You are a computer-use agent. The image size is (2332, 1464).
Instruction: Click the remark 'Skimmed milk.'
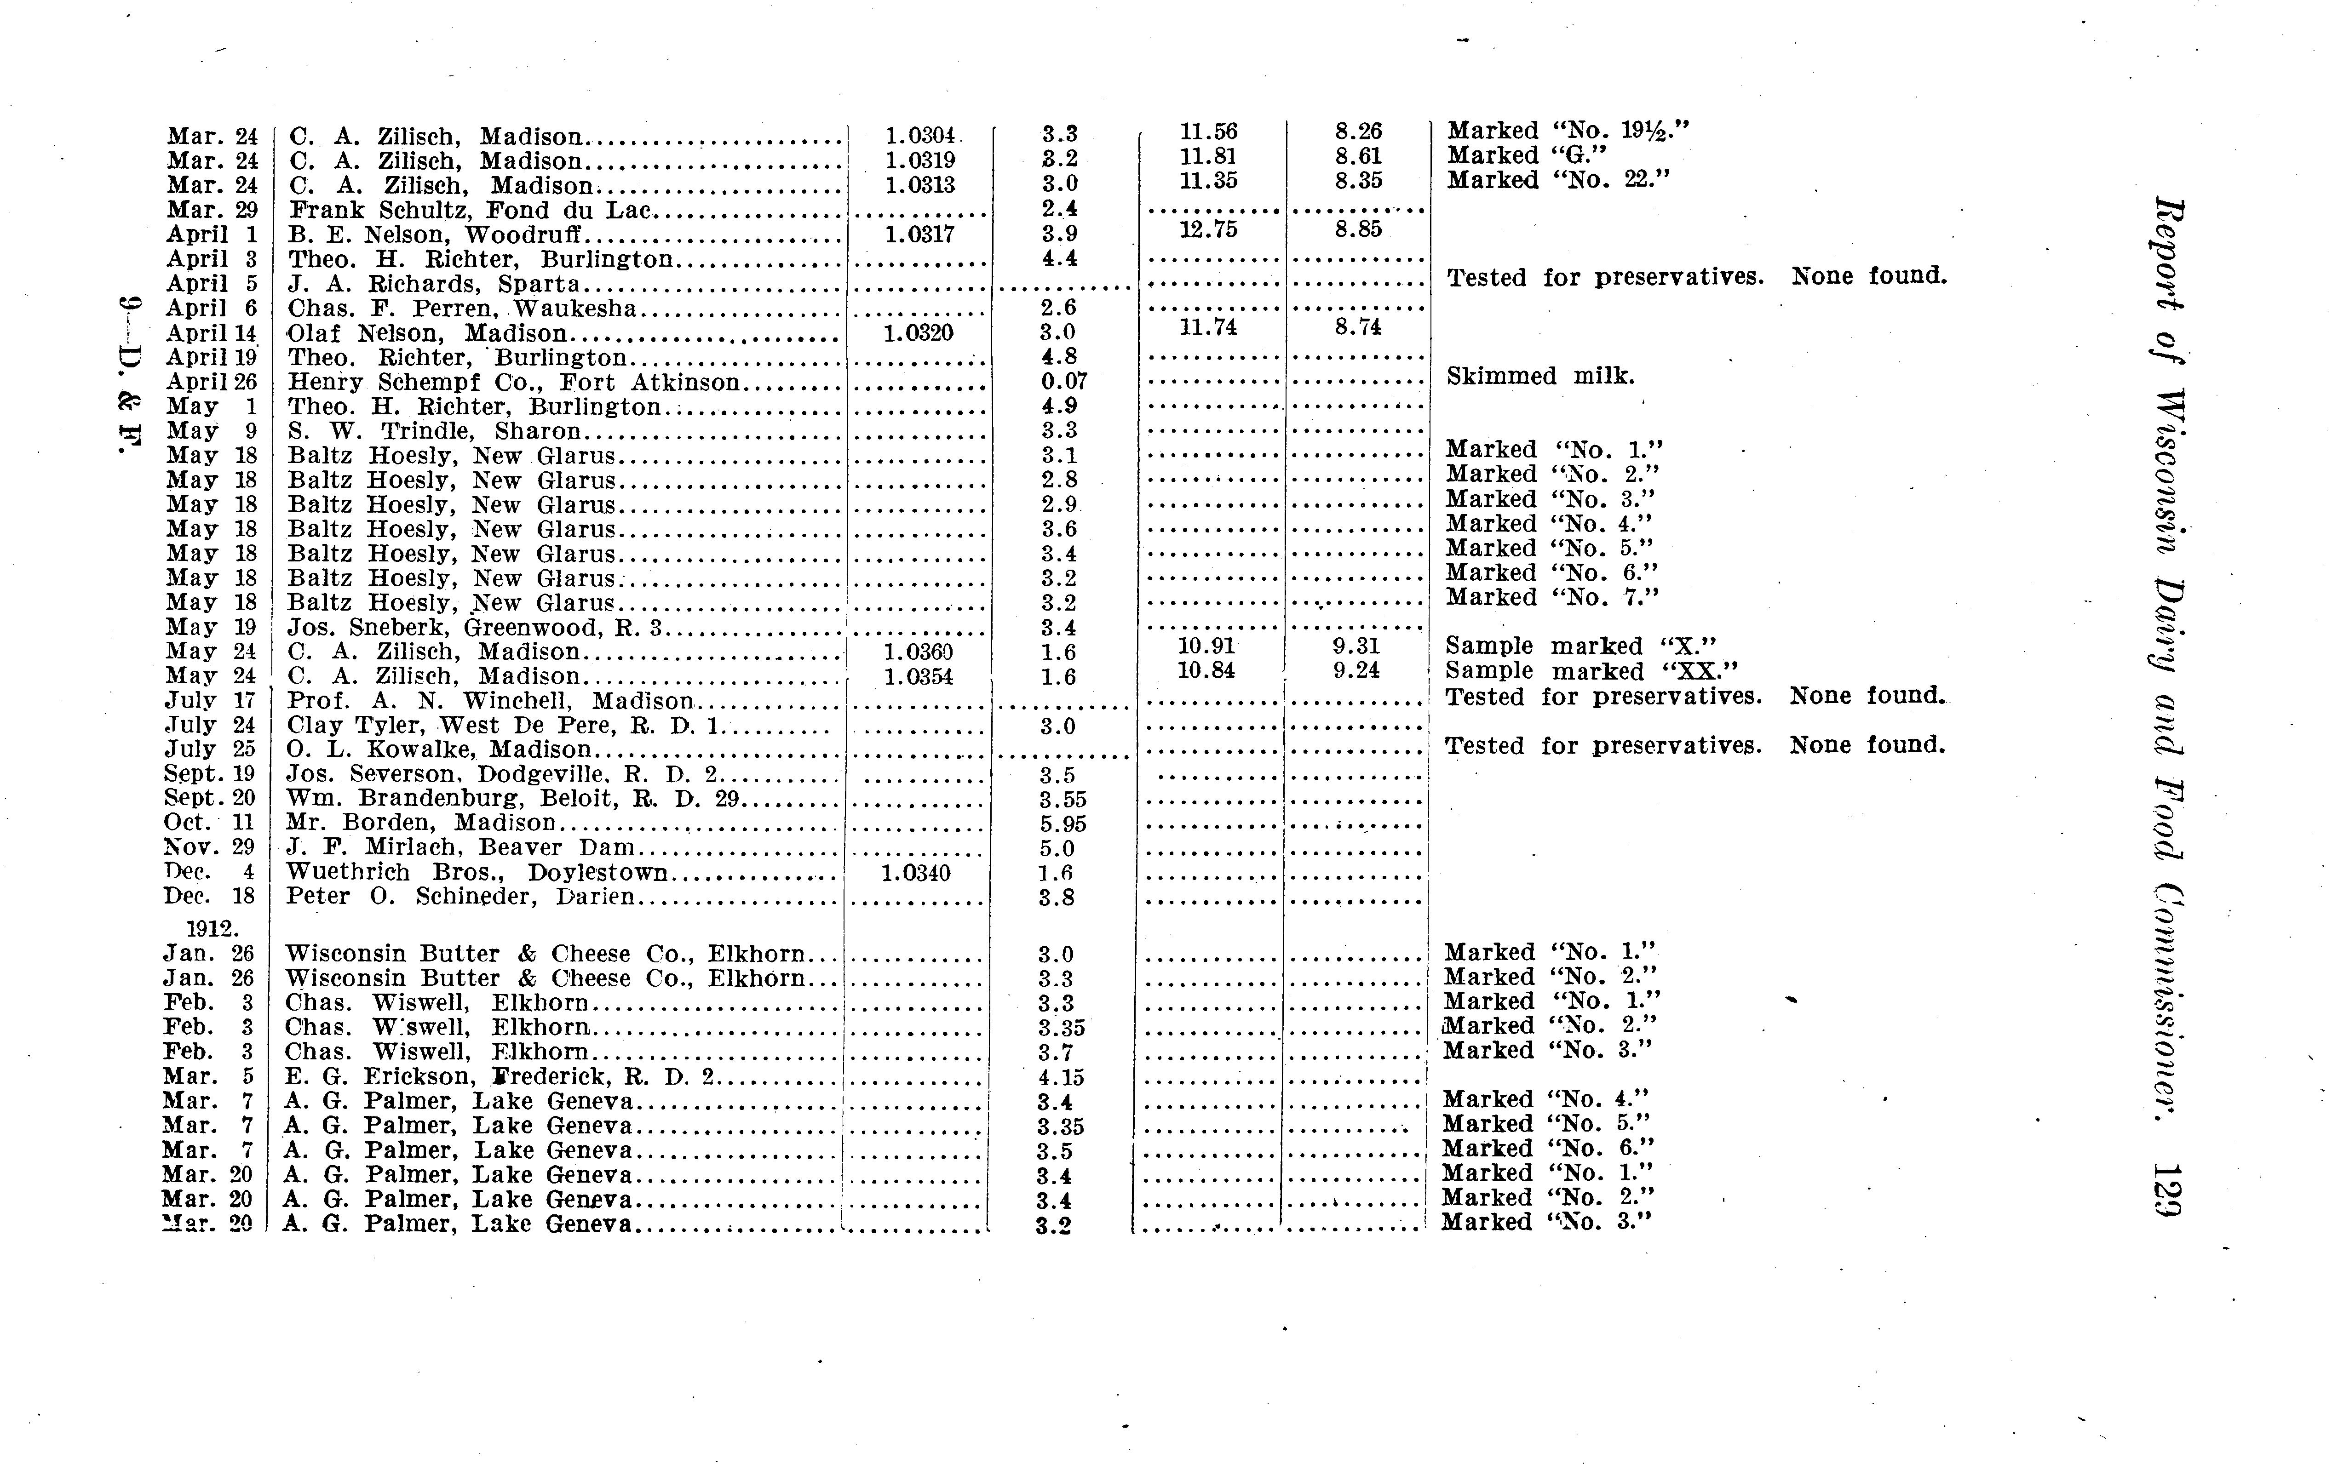coord(1540,376)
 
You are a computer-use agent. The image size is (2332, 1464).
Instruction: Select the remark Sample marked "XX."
coord(1591,671)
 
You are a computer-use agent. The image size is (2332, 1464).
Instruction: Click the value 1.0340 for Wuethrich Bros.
coord(915,872)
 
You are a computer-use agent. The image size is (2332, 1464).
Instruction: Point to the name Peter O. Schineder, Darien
coord(460,897)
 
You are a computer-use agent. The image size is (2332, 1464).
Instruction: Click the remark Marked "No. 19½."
coord(1568,131)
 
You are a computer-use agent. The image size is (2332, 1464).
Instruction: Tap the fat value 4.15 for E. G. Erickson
coord(1061,1077)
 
